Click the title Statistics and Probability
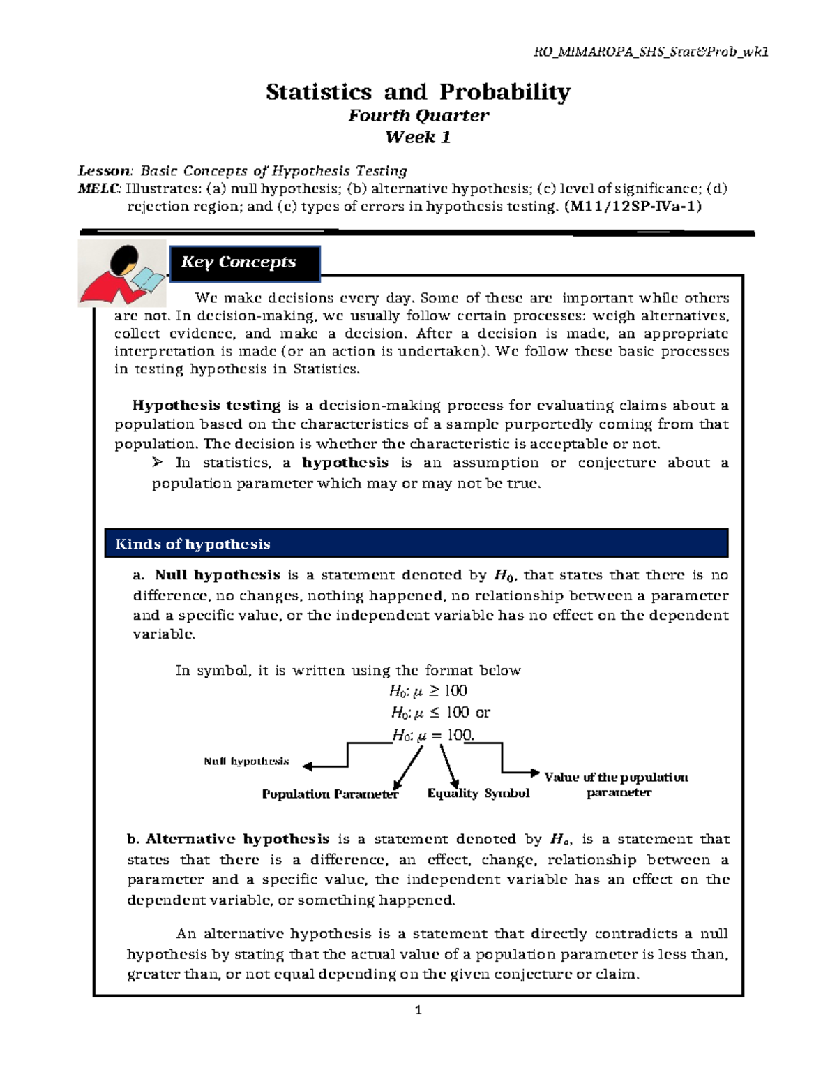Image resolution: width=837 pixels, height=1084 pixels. click(418, 91)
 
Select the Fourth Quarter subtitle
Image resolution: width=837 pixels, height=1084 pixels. click(418, 115)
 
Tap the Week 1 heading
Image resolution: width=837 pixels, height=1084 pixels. click(418, 138)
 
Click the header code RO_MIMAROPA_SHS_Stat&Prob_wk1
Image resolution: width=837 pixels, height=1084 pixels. click(650, 52)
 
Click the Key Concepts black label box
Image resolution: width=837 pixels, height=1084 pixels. click(245, 262)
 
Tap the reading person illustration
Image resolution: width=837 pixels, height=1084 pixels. click(122, 274)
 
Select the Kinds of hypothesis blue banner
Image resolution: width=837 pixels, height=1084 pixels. click(416, 544)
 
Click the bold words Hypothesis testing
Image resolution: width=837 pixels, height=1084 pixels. click(206, 406)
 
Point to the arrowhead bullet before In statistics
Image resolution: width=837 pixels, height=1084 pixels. click(157, 462)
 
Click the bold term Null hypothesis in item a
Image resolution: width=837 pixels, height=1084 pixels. click(217, 575)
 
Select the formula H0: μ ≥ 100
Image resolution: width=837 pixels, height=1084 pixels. click(428, 691)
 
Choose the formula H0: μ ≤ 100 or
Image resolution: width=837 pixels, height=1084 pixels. click(440, 713)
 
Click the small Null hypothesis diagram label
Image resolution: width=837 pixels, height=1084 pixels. click(246, 761)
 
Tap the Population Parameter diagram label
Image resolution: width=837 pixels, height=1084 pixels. click(330, 794)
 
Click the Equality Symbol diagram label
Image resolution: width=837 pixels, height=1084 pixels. click(478, 793)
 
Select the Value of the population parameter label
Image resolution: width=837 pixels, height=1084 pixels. click(617, 785)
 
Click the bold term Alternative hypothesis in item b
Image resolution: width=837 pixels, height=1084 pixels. click(237, 839)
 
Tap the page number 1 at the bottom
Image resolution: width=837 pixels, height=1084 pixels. click(418, 1010)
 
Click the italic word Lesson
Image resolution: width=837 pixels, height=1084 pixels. click(104, 171)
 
